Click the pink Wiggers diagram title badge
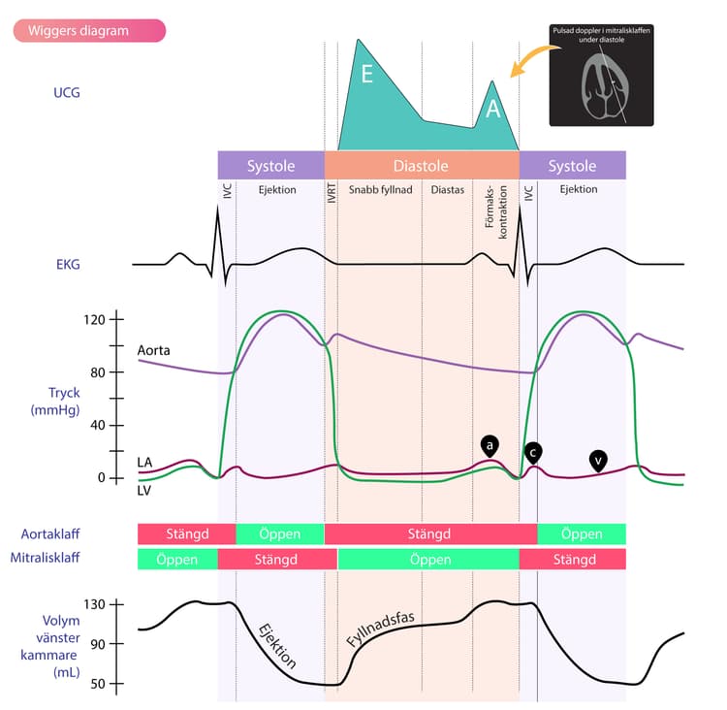[89, 31]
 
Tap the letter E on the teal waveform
[366, 74]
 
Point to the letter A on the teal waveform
[492, 109]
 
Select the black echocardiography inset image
[601, 76]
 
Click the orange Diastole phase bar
[422, 165]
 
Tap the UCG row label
[66, 93]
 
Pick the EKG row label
[68, 265]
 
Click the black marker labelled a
[490, 446]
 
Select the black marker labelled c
[533, 453]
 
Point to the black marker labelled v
[598, 462]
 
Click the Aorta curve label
[153, 350]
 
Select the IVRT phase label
[332, 193]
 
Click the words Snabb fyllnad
[380, 190]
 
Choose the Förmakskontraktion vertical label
[495, 212]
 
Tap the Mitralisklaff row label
[45, 558]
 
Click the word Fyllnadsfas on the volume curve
[380, 629]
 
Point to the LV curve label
[143, 491]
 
